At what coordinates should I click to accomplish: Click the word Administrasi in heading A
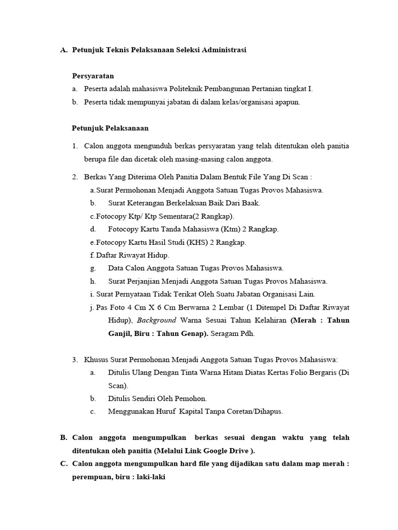tap(222, 50)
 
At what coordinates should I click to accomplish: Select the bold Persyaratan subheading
tap(93, 76)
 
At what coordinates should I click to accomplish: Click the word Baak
tap(251, 203)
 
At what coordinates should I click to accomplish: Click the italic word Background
tap(157, 320)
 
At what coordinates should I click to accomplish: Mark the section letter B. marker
tap(64, 437)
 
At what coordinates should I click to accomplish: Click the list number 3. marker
tap(75, 359)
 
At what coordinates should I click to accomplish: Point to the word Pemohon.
tap(192, 399)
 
